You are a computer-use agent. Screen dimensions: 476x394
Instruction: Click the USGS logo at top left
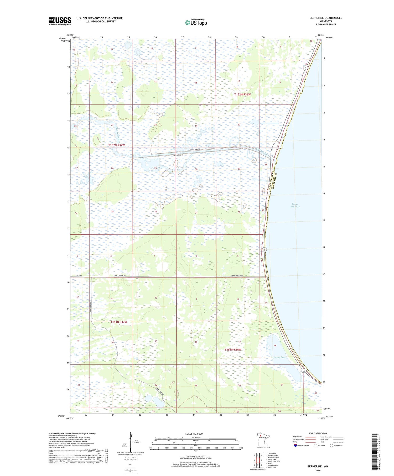(x=60, y=21)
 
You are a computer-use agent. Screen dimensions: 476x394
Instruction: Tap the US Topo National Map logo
(x=196, y=22)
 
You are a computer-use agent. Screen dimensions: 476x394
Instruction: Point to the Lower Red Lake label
(x=295, y=205)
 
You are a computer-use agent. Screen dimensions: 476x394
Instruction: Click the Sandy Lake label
(x=279, y=357)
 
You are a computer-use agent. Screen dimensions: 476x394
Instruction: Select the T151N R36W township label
(x=233, y=350)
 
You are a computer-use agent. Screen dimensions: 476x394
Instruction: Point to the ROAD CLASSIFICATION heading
(x=318, y=433)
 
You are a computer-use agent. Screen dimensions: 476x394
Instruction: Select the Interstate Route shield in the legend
(x=296, y=445)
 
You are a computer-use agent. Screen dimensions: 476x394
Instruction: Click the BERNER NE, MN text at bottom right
(x=318, y=467)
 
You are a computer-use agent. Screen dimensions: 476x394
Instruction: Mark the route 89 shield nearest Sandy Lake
(x=304, y=371)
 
